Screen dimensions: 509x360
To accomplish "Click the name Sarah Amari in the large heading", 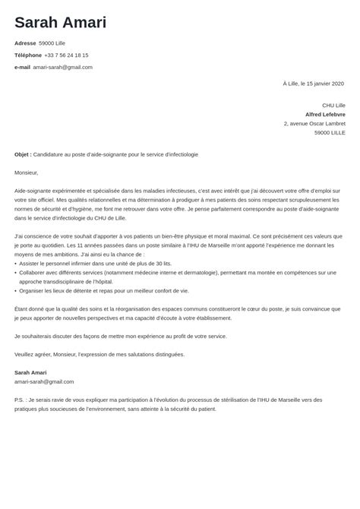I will click(60, 22).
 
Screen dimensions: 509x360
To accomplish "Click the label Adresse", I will click(25, 43).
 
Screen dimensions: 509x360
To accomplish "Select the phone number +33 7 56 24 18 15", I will click(66, 55).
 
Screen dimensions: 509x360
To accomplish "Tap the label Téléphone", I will click(27, 55).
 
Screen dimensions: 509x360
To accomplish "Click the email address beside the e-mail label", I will click(63, 67).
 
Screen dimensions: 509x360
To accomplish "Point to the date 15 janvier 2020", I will click(323, 83).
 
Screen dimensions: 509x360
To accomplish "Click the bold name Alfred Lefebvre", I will click(325, 114).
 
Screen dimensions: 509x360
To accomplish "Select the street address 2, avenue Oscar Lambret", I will click(314, 123).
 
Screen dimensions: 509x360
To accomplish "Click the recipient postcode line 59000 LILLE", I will click(330, 132).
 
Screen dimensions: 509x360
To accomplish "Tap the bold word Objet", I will click(23, 154).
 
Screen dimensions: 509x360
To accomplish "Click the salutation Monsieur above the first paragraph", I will click(26, 172).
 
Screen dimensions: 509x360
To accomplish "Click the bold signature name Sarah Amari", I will click(30, 372).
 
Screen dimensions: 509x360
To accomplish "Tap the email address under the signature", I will click(44, 381).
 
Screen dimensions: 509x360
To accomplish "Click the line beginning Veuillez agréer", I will click(99, 354).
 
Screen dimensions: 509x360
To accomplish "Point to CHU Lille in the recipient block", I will click(333, 105).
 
